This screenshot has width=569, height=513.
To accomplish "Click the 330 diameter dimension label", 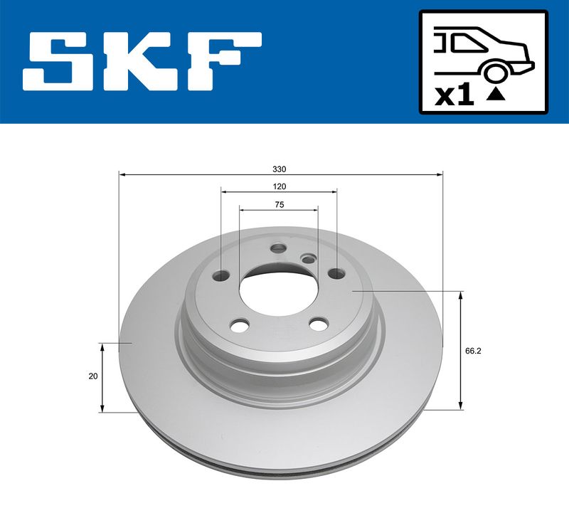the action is point(279,169).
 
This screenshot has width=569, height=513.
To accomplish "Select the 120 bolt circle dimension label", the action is point(279,186).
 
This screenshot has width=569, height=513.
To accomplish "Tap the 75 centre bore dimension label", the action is point(279,205).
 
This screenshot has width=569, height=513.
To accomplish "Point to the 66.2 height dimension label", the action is point(473,351).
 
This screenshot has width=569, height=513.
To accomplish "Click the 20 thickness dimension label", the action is point(93,376).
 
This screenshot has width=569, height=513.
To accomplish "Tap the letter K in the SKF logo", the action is point(144,61).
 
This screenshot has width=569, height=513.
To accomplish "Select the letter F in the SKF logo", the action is point(224,61).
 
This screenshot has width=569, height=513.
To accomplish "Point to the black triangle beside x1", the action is point(496,95).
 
